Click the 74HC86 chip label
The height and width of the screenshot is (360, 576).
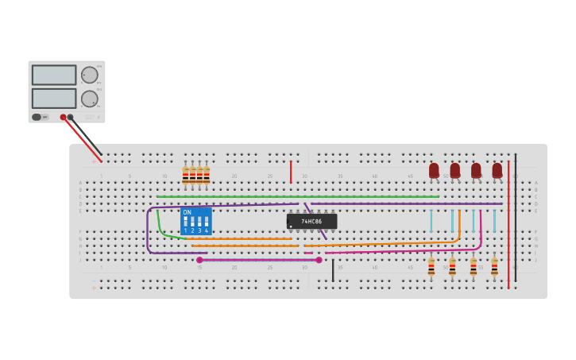(311, 221)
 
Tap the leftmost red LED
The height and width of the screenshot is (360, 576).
(434, 170)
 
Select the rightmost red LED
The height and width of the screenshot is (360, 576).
(497, 170)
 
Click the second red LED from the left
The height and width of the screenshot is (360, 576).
(455, 170)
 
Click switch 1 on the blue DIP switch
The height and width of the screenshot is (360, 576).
(185, 222)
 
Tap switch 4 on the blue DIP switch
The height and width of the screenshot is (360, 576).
(207, 222)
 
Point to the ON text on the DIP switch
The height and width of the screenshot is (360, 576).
(187, 212)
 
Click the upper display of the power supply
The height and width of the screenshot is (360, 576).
(54, 75)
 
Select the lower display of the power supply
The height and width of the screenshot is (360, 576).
(54, 99)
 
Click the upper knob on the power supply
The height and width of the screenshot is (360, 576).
(89, 75)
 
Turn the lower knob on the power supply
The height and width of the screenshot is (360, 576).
(89, 99)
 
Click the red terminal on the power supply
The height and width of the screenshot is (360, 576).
(64, 118)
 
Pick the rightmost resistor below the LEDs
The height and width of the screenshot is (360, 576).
(494, 267)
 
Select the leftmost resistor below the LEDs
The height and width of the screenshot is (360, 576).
(431, 267)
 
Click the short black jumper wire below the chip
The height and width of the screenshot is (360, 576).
(333, 270)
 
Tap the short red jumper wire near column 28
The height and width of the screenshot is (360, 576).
(291, 172)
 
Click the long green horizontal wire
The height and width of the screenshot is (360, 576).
(298, 196)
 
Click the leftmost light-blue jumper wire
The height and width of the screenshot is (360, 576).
(431, 220)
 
